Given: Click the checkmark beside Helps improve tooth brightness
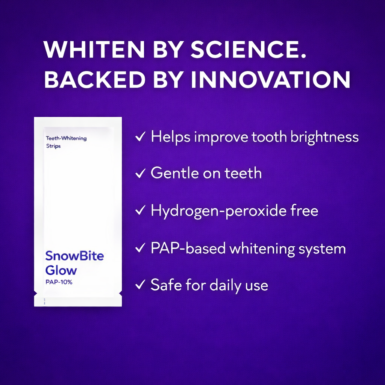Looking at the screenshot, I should pos(140,137).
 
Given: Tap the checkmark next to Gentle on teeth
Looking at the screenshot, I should pos(140,173).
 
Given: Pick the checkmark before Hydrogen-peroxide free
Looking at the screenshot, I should pos(140,211).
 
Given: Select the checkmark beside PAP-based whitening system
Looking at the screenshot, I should pos(140,248).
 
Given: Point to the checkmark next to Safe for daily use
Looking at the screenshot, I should pos(140,285).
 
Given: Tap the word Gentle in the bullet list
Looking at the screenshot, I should pos(174,173).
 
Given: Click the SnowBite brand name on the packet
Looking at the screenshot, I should pos(74,256).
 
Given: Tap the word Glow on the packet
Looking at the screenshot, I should pos(61,270).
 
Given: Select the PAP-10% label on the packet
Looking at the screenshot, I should pos(59,282).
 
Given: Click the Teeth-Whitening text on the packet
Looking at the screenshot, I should pos(66,138).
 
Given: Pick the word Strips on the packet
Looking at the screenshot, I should pos(53,146).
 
